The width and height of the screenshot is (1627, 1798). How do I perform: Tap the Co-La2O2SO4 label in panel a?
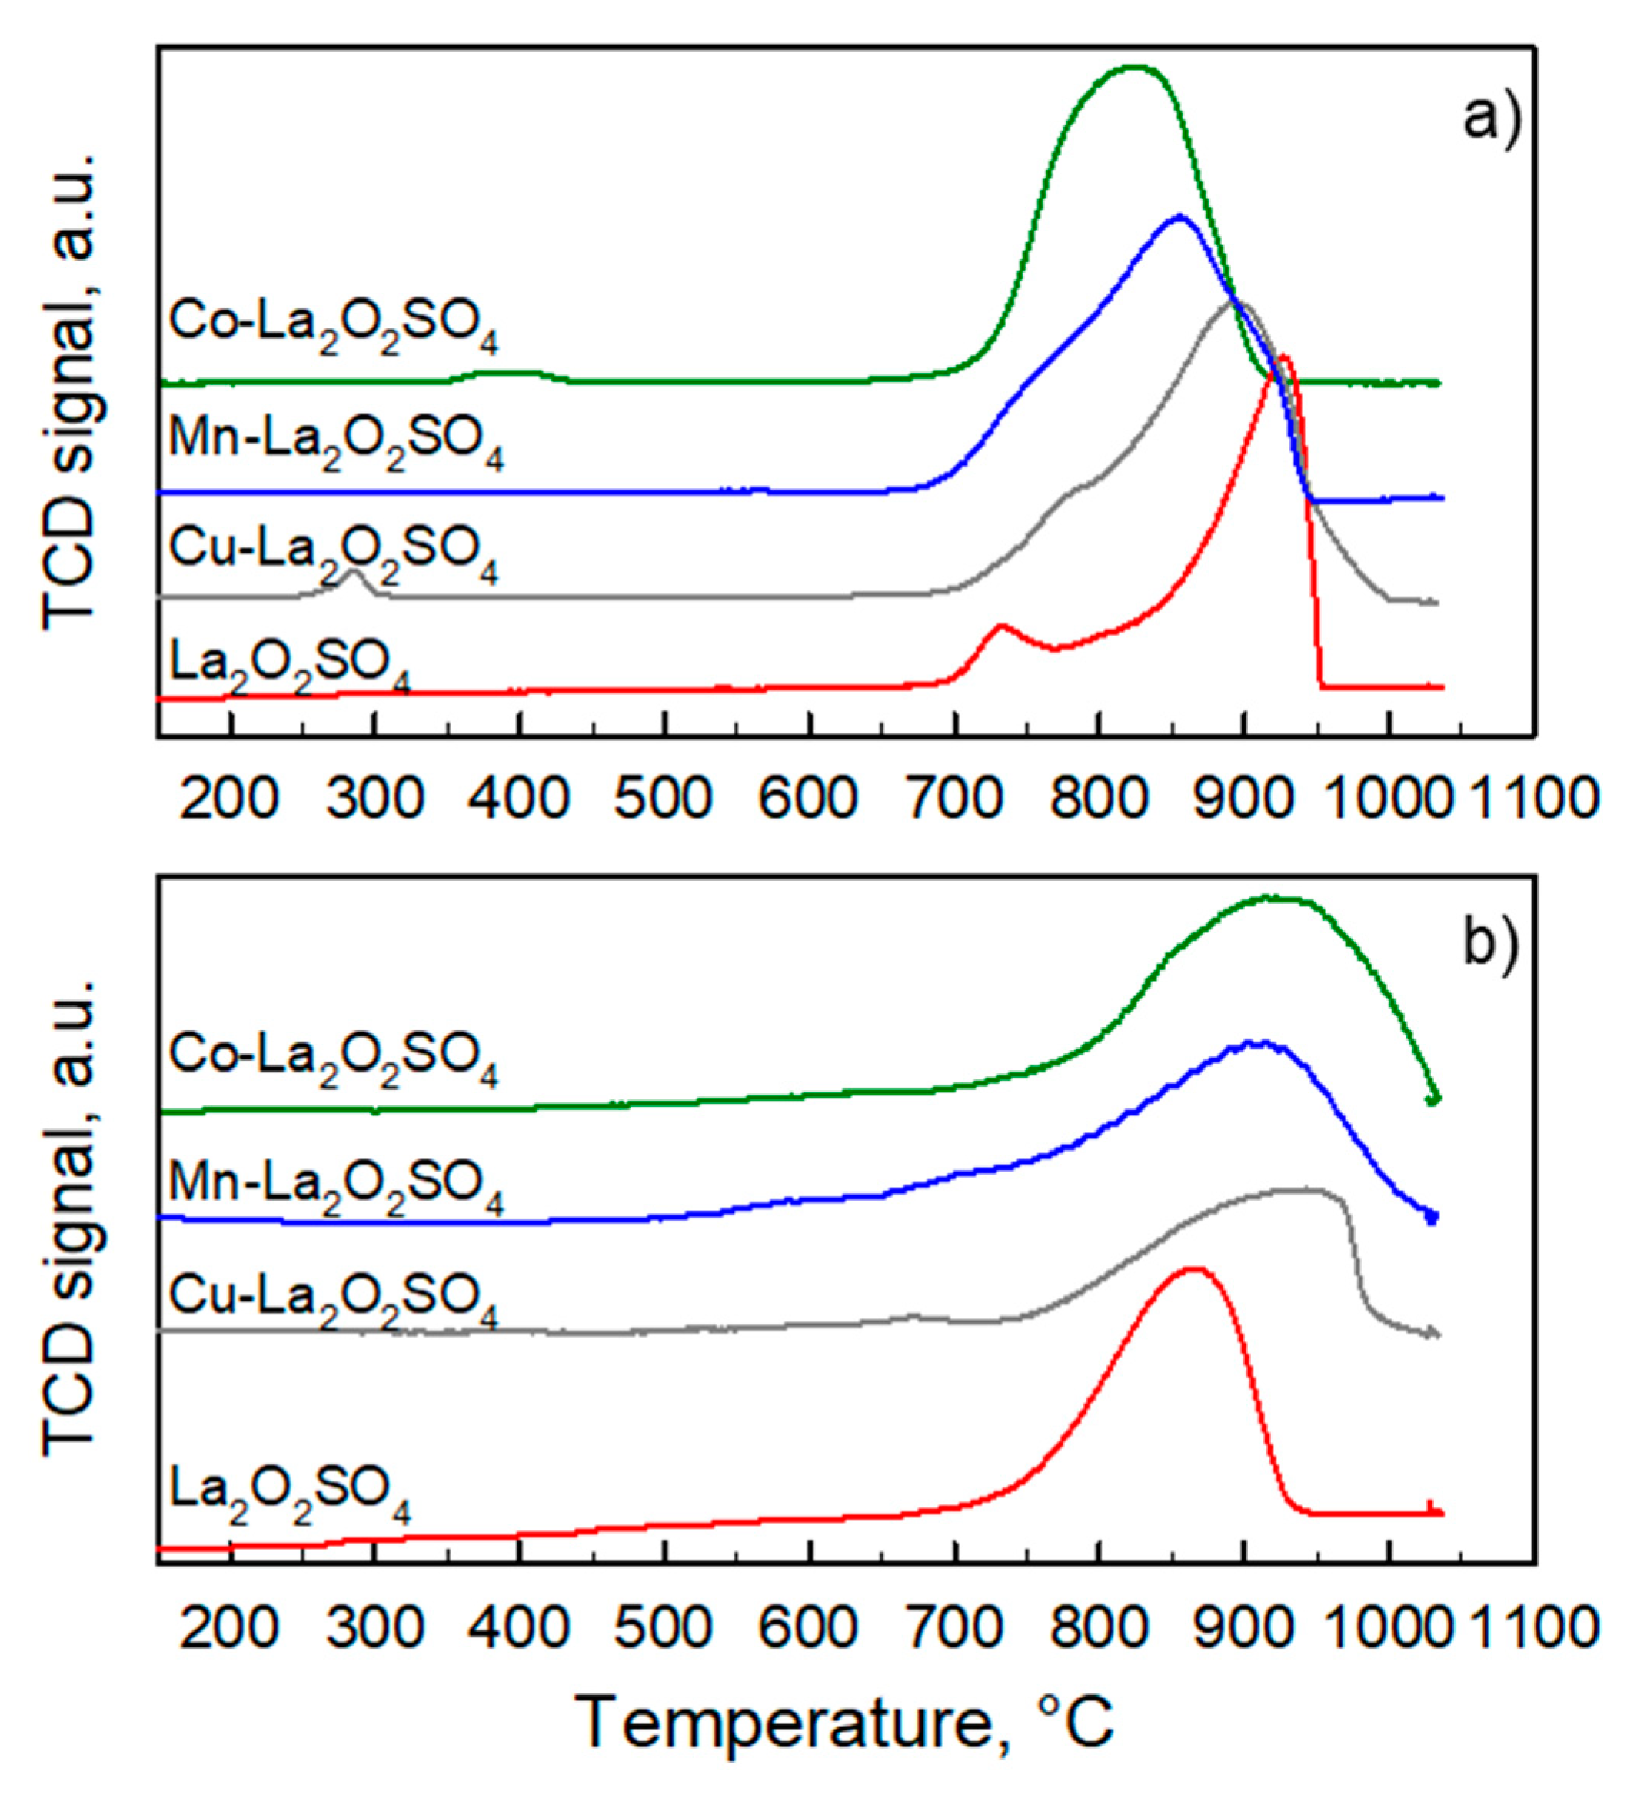click(334, 325)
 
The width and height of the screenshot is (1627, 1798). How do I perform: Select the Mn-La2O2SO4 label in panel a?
click(335, 442)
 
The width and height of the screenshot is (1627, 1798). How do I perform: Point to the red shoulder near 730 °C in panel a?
click(1000, 627)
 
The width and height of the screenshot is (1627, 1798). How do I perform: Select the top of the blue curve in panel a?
click(1179, 217)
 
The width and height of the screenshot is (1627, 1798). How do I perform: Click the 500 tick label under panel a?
click(664, 796)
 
